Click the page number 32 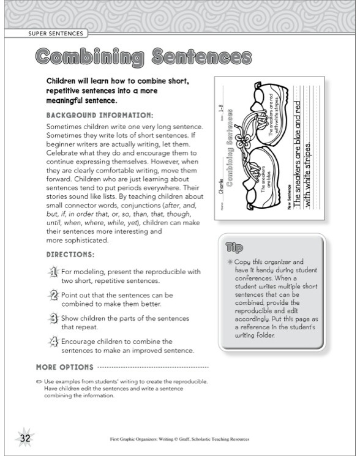(24, 438)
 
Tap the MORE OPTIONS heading (64, 367)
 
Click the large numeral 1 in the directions (53, 272)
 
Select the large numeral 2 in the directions (53, 296)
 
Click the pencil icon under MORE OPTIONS (39, 381)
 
